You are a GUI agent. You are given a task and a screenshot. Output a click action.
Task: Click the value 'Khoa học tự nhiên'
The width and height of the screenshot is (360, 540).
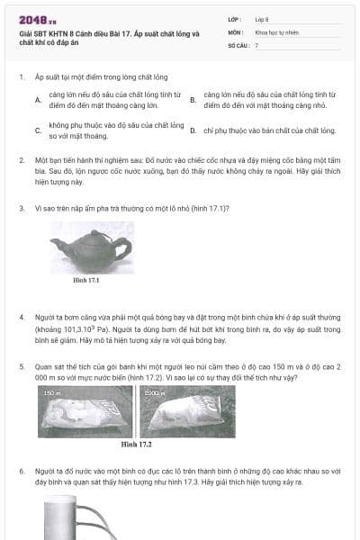(x=275, y=31)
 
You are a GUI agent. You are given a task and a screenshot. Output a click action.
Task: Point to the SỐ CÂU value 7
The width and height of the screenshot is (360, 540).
(x=256, y=44)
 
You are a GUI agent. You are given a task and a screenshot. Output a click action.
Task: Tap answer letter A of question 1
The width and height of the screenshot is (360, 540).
(x=38, y=100)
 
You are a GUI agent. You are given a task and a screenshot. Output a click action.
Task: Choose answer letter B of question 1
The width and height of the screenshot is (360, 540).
(x=193, y=100)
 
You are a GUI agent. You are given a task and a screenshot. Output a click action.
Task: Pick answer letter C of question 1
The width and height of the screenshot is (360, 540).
(x=38, y=130)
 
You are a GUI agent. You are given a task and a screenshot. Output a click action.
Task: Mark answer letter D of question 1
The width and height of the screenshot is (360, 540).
(x=193, y=130)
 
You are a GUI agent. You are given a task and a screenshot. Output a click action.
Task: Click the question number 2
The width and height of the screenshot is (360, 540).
(x=22, y=159)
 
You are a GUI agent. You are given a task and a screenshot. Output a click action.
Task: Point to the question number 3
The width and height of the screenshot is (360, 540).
(x=22, y=208)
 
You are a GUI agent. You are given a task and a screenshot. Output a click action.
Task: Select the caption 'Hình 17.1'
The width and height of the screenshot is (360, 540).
(x=86, y=280)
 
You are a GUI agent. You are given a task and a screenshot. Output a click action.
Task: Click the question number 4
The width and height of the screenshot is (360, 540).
(x=22, y=318)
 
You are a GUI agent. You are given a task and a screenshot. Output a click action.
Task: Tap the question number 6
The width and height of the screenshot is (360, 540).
(x=22, y=472)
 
